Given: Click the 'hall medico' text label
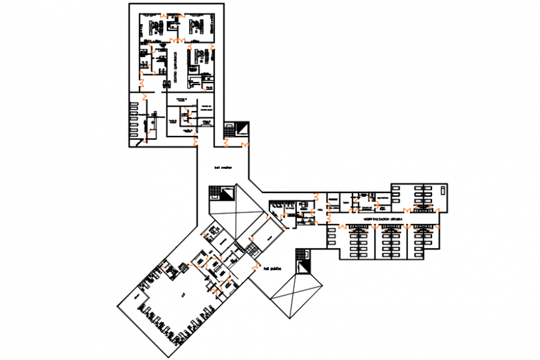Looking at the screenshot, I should (223, 167).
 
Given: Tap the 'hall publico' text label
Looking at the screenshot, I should (273, 269).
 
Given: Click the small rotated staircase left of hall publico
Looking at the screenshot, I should (252, 250).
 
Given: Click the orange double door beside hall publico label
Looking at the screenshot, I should (254, 266).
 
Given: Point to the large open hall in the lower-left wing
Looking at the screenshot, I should (180, 298).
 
